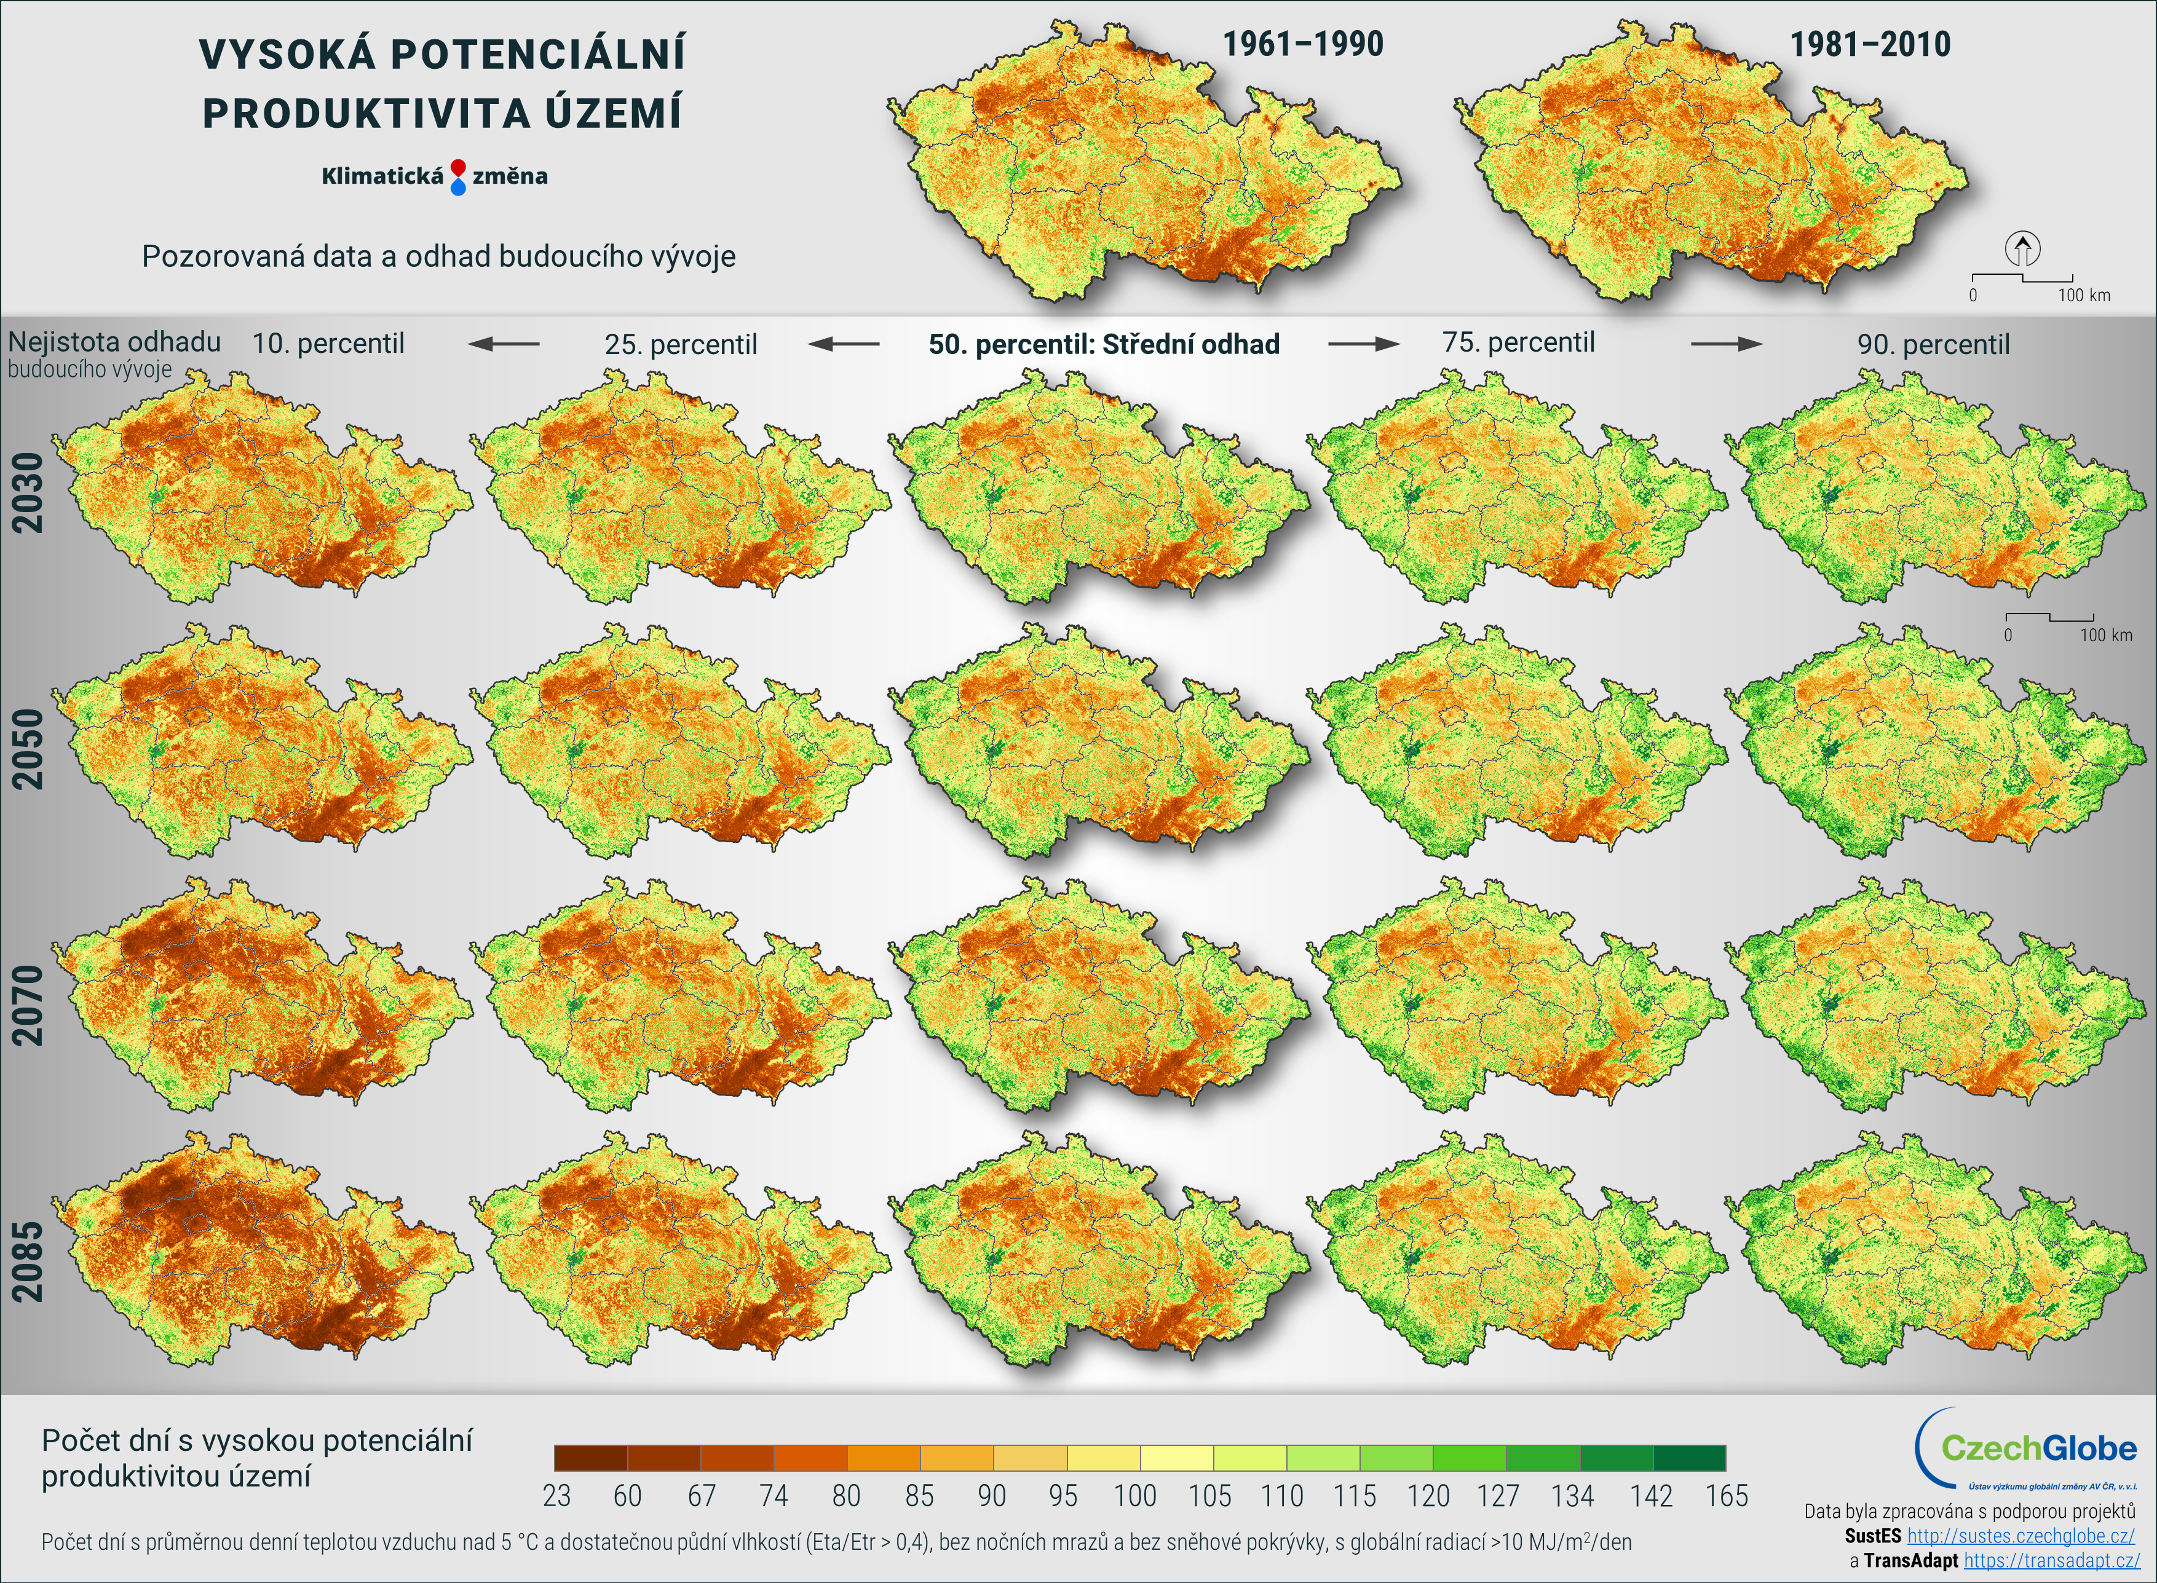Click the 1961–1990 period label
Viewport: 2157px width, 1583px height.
1302,44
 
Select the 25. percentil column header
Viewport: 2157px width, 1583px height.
680,344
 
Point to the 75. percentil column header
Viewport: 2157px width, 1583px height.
1518,342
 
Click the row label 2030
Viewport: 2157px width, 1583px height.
28,492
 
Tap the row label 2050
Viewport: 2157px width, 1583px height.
28,748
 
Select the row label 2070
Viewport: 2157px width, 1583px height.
28,1005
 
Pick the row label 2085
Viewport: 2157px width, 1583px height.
28,1261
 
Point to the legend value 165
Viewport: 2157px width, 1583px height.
1726,1496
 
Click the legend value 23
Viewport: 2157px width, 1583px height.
556,1496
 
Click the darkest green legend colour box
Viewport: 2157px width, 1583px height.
1688,1458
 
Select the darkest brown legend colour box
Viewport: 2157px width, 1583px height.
590,1458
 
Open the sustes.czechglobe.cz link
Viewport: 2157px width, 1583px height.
2020,1536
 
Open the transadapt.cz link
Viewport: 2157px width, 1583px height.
2051,1560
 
